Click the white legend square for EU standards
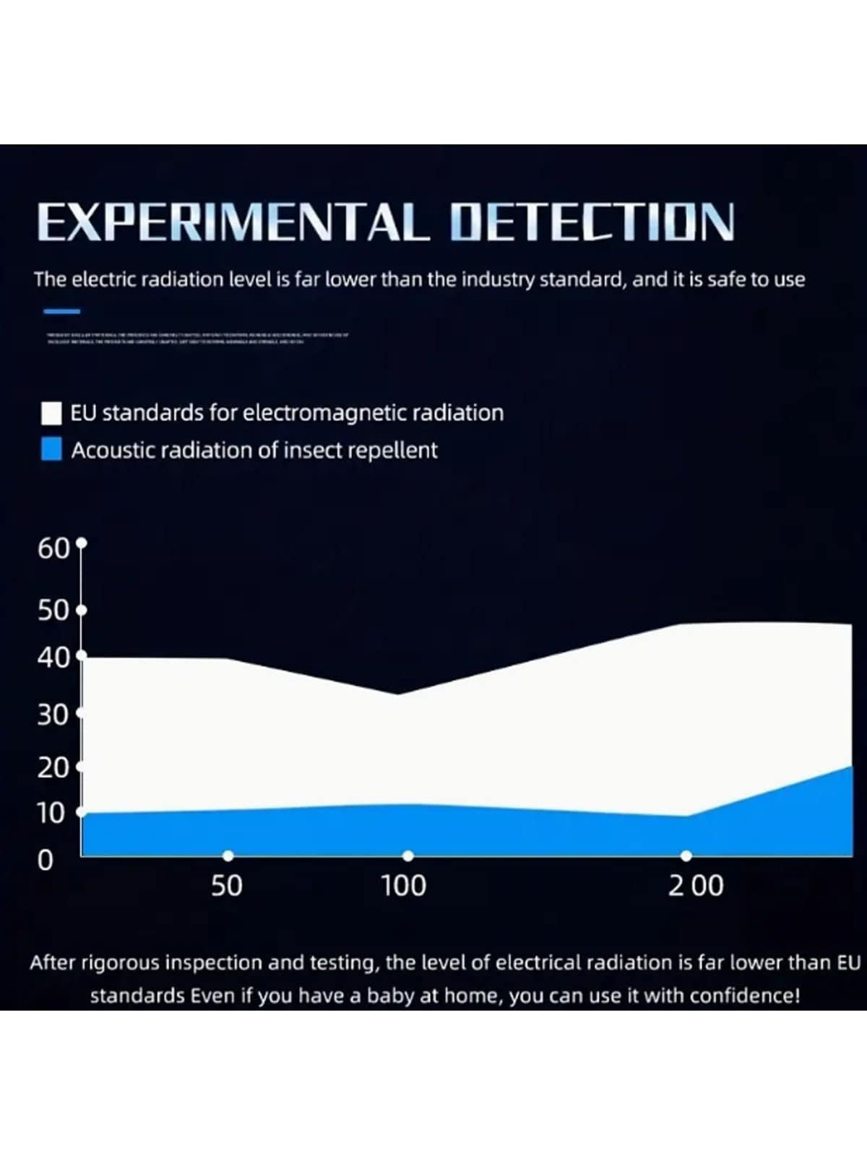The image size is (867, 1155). [51, 414]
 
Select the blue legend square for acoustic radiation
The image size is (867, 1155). [51, 450]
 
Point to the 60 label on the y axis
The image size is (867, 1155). [53, 549]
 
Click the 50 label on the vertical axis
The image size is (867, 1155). [53, 611]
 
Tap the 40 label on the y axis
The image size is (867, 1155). [53, 658]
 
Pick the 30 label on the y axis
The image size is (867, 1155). [53, 715]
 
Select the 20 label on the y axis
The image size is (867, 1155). [53, 768]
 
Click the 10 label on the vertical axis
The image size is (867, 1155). [51, 814]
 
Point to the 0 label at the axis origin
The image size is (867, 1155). [46, 860]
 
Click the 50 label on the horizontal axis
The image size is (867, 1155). [226, 886]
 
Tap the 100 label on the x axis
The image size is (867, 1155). [404, 886]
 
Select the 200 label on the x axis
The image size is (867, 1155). [695, 886]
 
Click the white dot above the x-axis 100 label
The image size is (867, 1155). [408, 856]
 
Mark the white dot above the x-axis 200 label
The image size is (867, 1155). [686, 856]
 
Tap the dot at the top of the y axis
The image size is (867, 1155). [82, 542]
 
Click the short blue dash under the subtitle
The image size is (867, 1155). [62, 312]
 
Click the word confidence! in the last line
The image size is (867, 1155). [744, 996]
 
